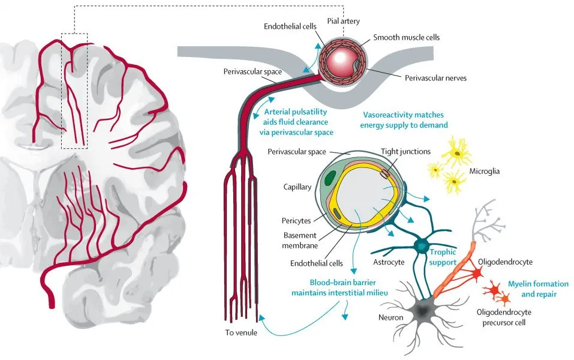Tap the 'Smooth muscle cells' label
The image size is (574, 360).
point(406,37)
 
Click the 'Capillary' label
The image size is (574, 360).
point(297,187)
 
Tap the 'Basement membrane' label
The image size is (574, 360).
point(299,240)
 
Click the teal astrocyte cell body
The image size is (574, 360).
point(421,245)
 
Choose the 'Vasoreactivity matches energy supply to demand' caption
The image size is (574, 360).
point(404,120)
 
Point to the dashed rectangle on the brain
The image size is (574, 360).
point(75,90)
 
